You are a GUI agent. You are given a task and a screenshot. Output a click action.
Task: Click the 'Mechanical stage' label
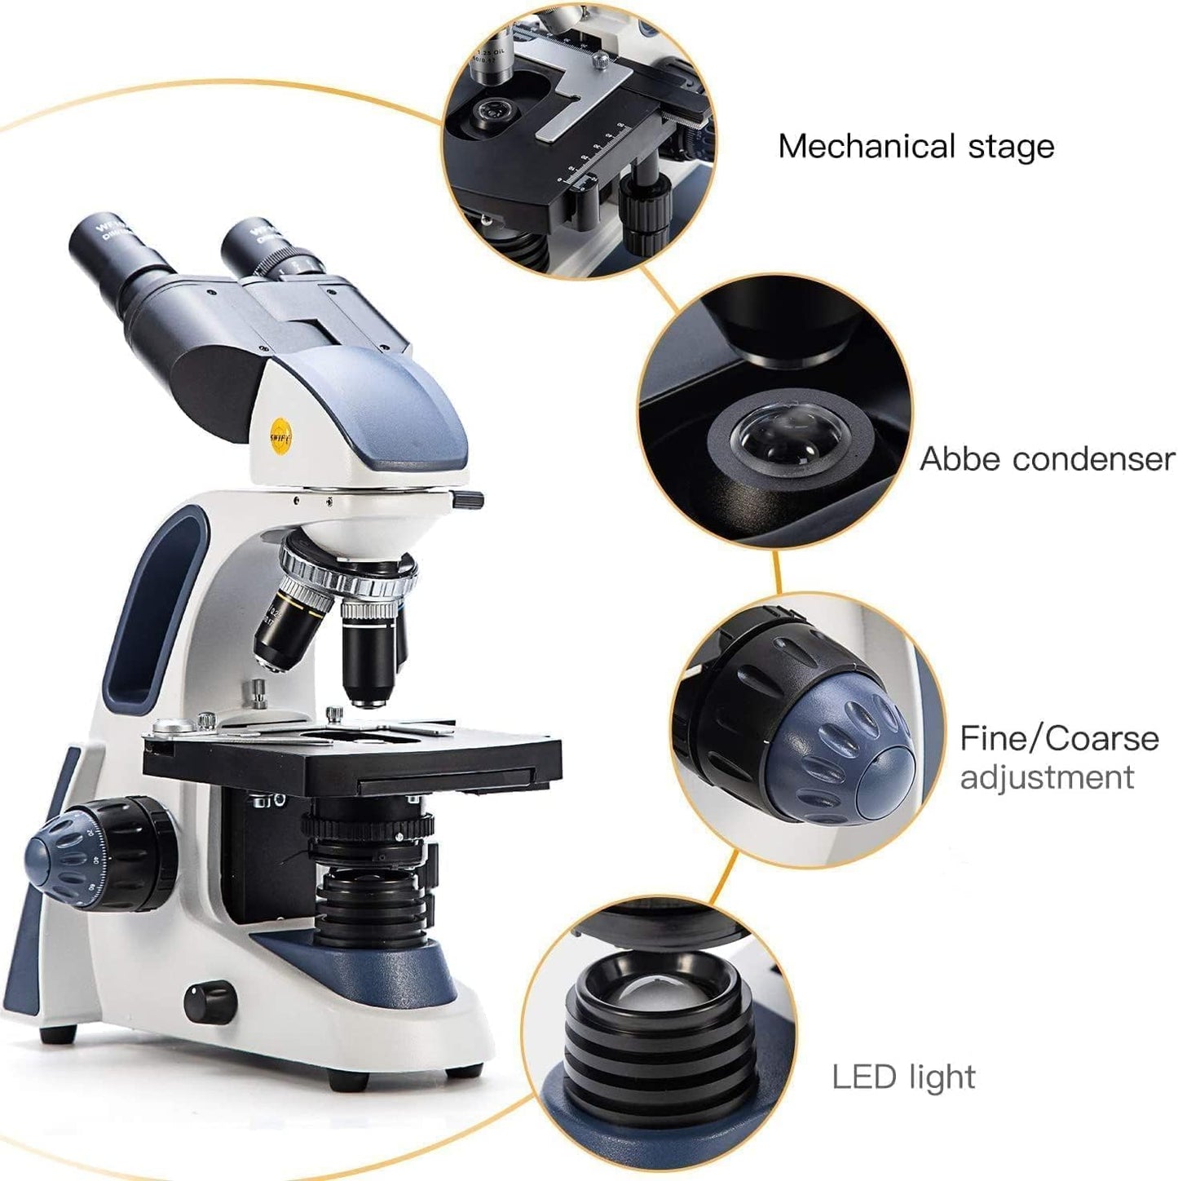[915, 147]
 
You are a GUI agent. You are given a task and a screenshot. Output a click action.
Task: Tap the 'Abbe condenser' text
[1047, 459]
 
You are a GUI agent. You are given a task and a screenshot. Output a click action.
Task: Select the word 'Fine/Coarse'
[1059, 738]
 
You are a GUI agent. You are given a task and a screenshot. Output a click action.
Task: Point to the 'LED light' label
[903, 1077]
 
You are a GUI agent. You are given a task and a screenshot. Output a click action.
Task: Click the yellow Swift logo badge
[280, 434]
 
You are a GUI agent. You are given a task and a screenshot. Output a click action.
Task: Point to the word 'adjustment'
[1047, 777]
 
